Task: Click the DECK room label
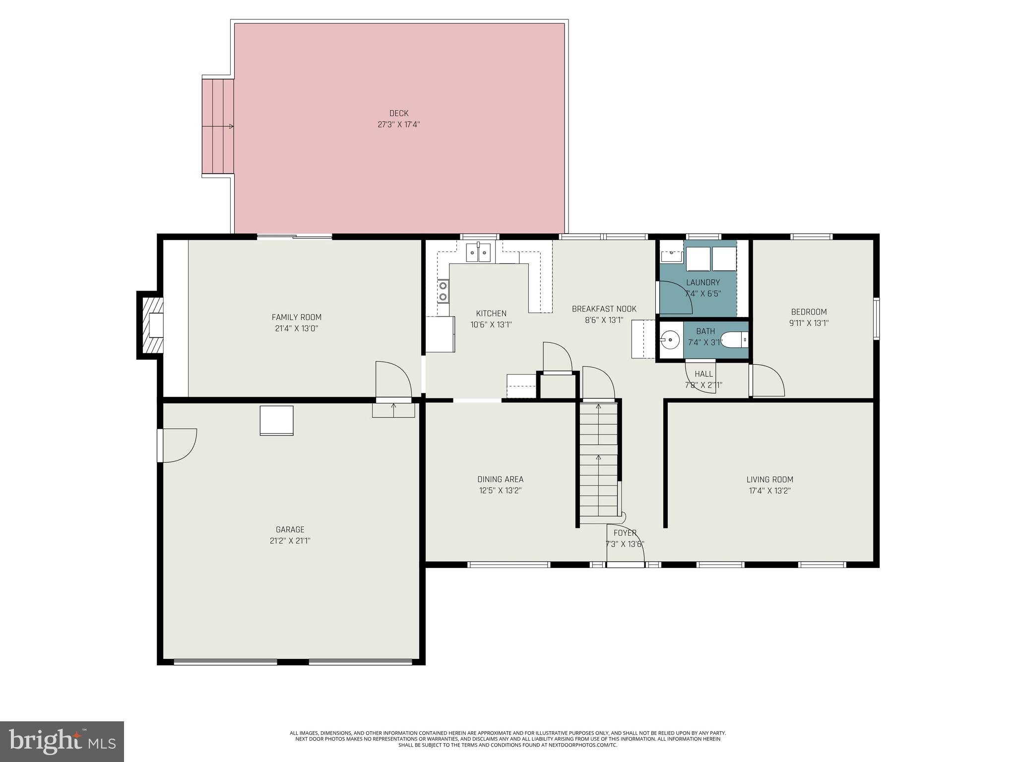click(398, 114)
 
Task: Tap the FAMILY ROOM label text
click(296, 317)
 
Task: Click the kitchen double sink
click(478, 253)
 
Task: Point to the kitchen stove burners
click(443, 291)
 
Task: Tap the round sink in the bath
click(671, 340)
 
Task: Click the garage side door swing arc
click(180, 445)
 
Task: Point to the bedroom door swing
click(767, 381)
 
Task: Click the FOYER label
click(625, 533)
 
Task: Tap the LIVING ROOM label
click(769, 479)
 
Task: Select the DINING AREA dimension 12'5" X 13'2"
click(500, 491)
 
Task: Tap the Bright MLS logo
click(62, 741)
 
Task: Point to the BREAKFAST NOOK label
click(604, 309)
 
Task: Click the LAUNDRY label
click(702, 283)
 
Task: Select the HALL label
click(703, 374)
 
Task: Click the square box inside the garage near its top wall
click(276, 421)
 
